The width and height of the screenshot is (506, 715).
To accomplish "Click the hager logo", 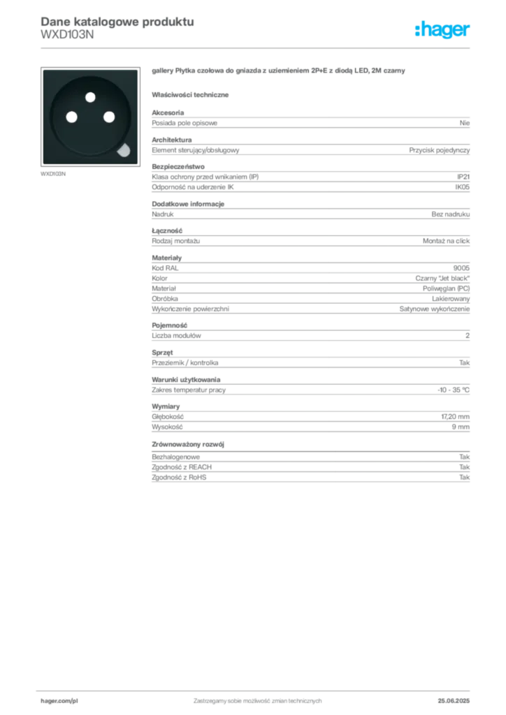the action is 442,30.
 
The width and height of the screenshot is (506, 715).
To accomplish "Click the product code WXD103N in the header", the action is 67,35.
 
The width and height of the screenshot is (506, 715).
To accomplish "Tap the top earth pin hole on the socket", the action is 90,97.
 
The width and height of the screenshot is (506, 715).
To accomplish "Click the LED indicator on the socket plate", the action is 124,150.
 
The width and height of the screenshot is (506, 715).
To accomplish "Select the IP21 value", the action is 463,177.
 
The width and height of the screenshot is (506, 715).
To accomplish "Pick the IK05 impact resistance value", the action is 462,187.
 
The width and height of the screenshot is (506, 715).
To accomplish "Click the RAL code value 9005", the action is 461,268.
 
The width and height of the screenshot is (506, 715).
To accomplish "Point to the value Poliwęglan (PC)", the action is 446,288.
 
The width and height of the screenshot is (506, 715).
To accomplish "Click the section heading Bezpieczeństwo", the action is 178,166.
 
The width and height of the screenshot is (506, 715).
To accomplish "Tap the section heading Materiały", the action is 166,258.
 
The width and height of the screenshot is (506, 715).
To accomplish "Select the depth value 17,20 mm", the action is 456,417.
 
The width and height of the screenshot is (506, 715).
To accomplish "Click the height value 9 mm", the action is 461,427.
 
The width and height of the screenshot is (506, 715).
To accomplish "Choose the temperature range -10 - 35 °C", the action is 453,390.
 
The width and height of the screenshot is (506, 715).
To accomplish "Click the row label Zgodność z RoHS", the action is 179,478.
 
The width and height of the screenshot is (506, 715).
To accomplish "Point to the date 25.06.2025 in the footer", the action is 454,701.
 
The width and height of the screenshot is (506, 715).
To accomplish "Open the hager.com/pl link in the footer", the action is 59,701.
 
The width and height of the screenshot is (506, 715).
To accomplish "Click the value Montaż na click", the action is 446,241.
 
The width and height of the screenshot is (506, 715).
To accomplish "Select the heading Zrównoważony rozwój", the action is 188,444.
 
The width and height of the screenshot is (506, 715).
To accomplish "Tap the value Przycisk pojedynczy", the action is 439,150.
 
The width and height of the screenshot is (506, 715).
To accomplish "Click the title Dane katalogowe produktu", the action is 117,22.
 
